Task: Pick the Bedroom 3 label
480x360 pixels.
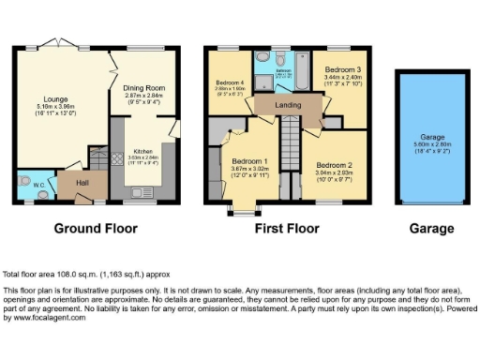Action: click(342, 70)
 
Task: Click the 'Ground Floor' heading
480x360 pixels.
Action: click(96, 228)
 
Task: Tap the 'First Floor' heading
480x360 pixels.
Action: click(284, 228)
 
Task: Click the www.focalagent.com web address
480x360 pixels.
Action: click(51, 319)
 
